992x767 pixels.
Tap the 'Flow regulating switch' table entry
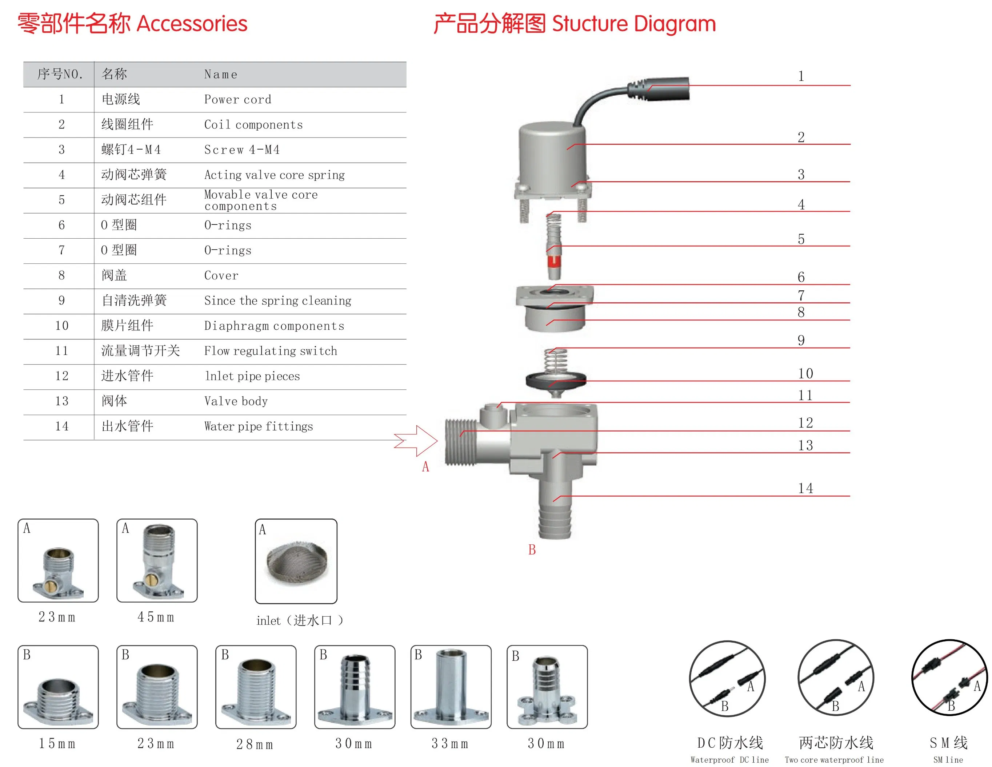270,351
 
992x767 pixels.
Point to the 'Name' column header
221,75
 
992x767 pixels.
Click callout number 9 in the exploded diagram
801,340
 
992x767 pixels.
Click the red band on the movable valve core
554,261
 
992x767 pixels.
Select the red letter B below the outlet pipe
532,550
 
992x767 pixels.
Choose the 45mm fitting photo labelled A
157,560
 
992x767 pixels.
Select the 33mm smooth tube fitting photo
451,686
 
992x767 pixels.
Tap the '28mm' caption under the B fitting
255,745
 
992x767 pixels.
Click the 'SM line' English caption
948,760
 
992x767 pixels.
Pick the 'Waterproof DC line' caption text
729,760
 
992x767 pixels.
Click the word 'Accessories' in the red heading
192,24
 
